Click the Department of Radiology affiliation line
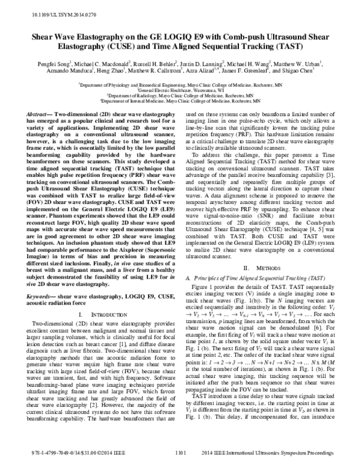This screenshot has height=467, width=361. click(180, 95)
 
